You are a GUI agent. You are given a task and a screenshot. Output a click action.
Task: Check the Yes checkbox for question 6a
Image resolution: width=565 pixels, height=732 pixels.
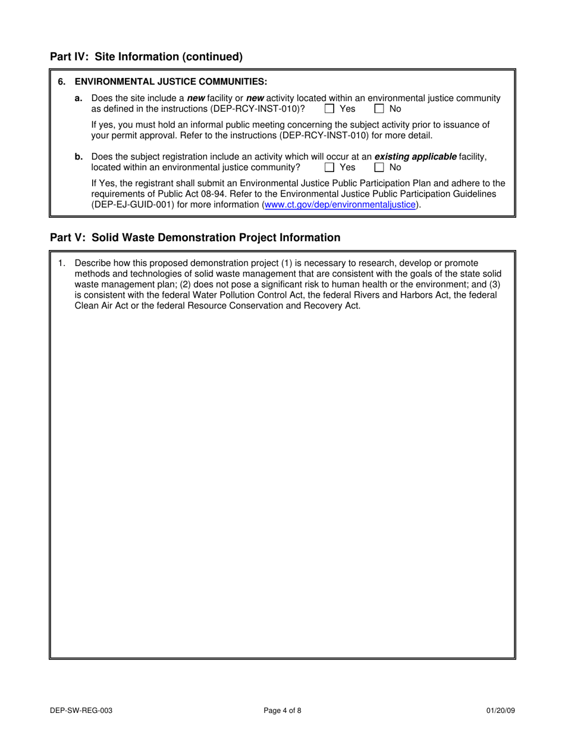(329, 109)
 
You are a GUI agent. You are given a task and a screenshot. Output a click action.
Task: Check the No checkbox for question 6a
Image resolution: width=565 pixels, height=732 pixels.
(379, 109)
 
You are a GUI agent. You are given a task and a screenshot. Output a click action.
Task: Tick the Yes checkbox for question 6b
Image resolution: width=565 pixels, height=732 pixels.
(329, 167)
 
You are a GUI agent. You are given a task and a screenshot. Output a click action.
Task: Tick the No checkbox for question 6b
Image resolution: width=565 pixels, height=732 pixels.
(379, 167)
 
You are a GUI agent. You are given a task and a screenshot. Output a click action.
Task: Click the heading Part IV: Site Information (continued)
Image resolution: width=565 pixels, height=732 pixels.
(146, 57)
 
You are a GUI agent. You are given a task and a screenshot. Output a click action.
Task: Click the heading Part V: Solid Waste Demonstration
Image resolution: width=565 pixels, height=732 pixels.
(195, 238)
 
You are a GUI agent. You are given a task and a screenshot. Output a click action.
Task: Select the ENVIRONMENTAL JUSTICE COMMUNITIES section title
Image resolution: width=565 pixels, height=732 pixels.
(171, 82)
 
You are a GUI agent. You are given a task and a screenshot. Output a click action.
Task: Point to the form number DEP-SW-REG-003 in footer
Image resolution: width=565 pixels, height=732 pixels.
(81, 710)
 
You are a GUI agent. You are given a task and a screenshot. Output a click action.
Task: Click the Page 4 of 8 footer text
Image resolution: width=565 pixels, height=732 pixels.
(282, 710)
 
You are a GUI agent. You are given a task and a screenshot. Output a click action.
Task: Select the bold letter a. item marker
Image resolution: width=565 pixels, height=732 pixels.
(79, 98)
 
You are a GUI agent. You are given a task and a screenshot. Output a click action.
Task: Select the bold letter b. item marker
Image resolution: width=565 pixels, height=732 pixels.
(79, 157)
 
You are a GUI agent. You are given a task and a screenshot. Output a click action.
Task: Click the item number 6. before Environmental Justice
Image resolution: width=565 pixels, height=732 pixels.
(62, 82)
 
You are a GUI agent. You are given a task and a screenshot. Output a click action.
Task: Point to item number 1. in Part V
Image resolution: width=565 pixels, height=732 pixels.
(62, 263)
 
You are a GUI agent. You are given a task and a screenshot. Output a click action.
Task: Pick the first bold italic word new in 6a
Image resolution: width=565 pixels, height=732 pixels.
(196, 98)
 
